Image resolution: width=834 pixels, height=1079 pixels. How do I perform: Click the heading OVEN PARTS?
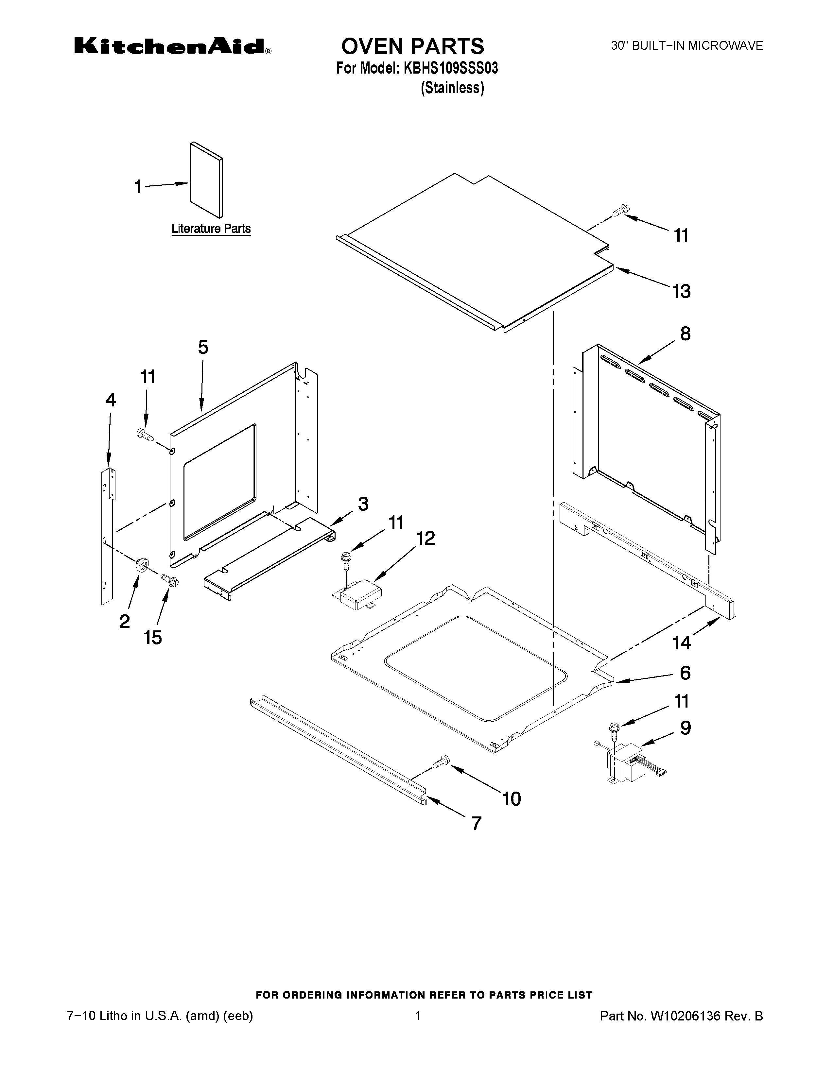pyautogui.click(x=412, y=46)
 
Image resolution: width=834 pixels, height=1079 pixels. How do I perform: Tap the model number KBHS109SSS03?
pyautogui.click(x=451, y=68)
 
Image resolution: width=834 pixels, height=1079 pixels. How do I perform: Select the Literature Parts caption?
pyautogui.click(x=211, y=229)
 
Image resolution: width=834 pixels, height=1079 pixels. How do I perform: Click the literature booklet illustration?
pyautogui.click(x=206, y=180)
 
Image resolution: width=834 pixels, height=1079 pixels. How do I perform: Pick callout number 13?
pyautogui.click(x=681, y=291)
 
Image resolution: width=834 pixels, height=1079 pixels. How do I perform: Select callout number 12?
pyautogui.click(x=426, y=538)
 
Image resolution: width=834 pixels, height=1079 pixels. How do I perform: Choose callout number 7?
pyautogui.click(x=476, y=823)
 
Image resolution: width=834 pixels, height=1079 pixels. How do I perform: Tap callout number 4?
pyautogui.click(x=111, y=400)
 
